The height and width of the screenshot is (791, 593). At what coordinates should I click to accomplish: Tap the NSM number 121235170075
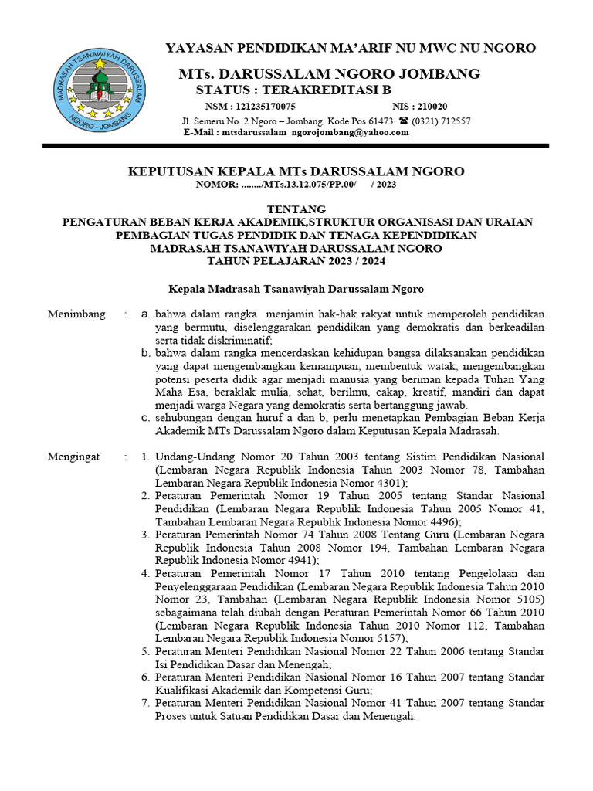261,107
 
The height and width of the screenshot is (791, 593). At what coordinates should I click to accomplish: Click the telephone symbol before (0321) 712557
403,121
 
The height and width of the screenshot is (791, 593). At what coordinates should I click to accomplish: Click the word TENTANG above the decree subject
296,209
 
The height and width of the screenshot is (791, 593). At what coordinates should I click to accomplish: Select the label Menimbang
75,314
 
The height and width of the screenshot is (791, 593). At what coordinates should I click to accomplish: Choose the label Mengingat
74,457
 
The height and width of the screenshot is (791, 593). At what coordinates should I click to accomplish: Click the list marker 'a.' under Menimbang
145,314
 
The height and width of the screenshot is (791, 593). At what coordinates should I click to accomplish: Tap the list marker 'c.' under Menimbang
145,418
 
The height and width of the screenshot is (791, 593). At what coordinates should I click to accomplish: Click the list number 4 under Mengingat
145,573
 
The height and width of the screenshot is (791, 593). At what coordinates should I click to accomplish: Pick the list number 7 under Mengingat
145,703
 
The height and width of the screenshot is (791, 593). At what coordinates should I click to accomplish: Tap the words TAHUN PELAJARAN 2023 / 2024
296,261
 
